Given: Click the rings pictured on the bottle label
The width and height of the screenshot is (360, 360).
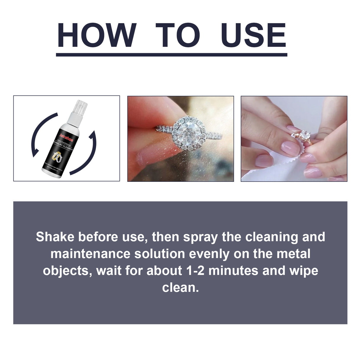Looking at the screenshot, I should (58, 156).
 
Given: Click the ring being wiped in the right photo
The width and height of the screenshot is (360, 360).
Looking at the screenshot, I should (304, 136).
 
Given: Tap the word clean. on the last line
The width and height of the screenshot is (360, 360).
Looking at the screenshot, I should (180, 287).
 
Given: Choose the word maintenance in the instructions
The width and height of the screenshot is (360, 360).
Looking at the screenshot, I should (90, 254).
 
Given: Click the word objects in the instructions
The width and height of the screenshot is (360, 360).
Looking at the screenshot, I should (67, 271).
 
